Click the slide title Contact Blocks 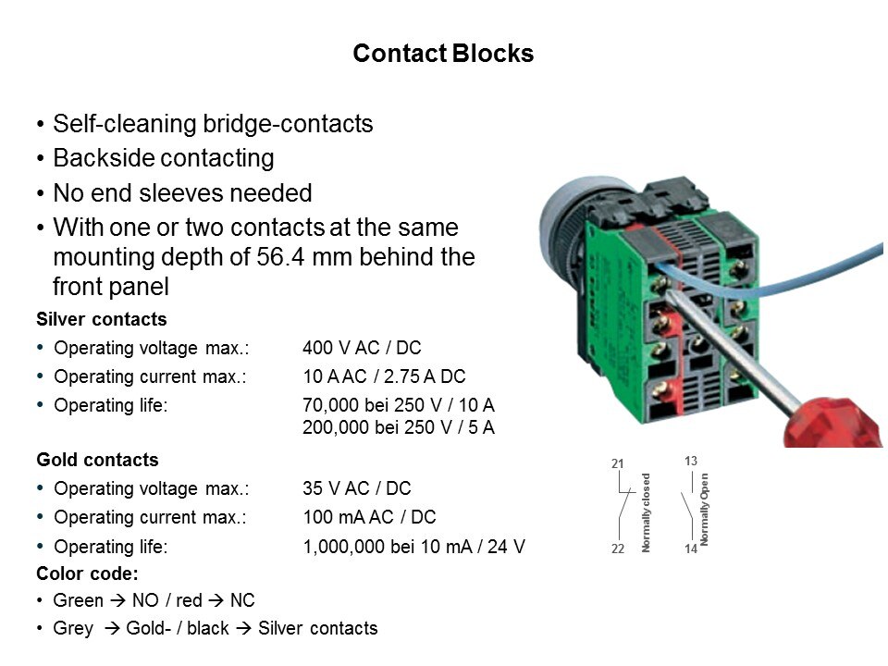click(x=443, y=54)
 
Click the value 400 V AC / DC click(x=362, y=349)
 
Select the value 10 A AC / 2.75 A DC click(x=384, y=376)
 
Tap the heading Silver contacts click(x=102, y=320)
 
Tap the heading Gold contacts click(x=97, y=460)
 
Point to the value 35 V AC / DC click(x=357, y=488)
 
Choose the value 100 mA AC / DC click(x=369, y=517)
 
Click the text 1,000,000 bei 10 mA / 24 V click(x=413, y=547)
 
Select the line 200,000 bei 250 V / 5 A click(x=399, y=427)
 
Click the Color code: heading click(x=87, y=573)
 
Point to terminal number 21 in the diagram click(x=618, y=463)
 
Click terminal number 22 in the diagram click(x=618, y=549)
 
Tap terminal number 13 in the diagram click(x=690, y=460)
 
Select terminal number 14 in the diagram click(x=690, y=549)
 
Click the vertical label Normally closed click(x=647, y=512)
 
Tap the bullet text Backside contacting click(x=164, y=158)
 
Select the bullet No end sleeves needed click(x=182, y=193)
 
